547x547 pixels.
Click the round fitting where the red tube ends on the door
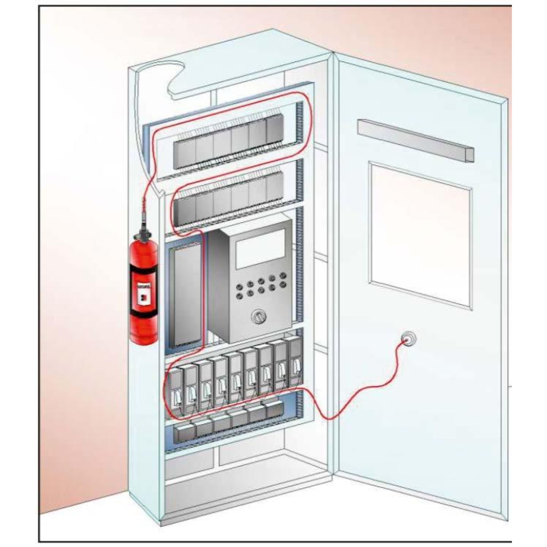coord(407,339)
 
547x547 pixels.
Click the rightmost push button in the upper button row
coord(283,275)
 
